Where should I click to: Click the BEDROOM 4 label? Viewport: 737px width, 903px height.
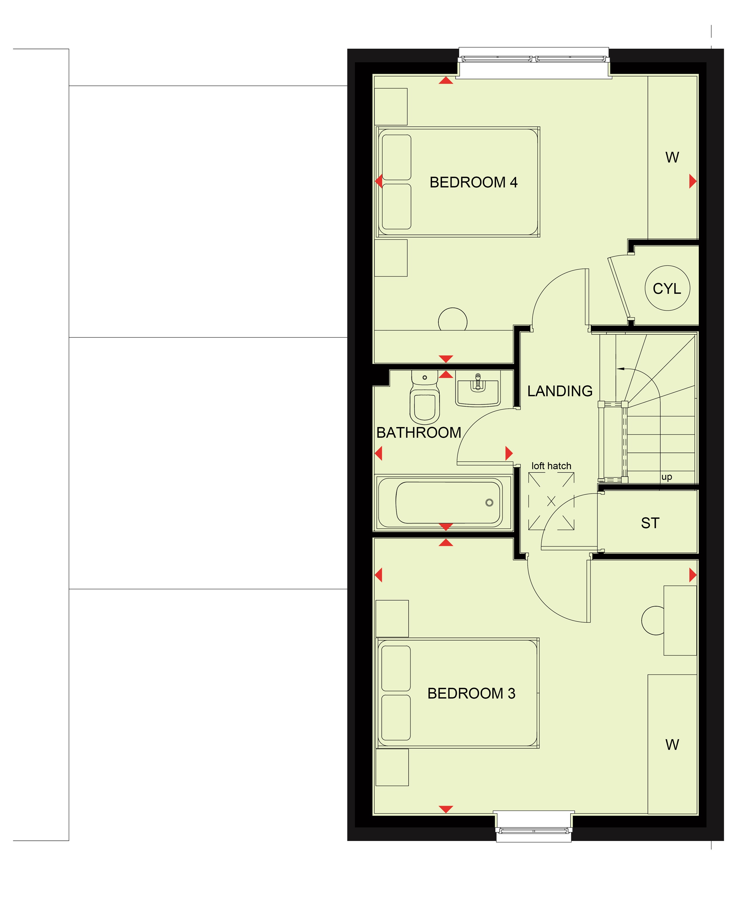(473, 182)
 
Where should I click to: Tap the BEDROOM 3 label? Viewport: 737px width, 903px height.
(471, 693)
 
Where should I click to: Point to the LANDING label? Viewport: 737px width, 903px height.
(560, 391)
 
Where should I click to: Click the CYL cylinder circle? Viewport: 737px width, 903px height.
(667, 288)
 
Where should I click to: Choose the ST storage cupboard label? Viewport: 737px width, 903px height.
(650, 523)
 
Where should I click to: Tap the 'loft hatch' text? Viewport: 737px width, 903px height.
(551, 466)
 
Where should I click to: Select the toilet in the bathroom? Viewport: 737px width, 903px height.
(425, 397)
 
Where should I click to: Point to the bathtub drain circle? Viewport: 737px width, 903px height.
(490, 503)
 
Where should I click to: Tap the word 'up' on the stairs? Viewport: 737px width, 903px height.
(667, 477)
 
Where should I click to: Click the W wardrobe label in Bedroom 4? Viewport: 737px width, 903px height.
(672, 158)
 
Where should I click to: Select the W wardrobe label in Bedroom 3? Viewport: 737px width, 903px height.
(672, 745)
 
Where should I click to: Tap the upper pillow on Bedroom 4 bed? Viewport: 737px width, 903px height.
(397, 158)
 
